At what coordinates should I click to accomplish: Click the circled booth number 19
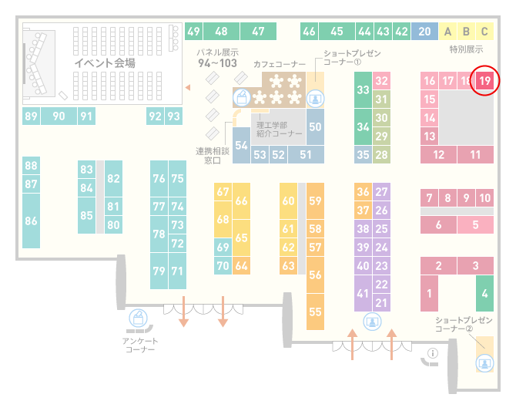484,81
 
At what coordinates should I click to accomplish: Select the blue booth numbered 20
424,32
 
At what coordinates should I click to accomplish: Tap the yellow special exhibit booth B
466,32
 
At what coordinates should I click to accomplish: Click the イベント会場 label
105,62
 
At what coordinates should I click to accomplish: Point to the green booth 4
484,293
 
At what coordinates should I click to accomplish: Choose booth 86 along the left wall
31,221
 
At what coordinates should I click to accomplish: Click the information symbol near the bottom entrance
432,353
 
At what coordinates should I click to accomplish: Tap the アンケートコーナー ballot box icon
138,318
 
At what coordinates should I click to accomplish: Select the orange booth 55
315,312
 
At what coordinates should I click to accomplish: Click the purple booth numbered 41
363,293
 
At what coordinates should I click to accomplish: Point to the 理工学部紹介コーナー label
279,129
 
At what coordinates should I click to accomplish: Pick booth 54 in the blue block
241,145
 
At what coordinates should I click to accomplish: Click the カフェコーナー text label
280,64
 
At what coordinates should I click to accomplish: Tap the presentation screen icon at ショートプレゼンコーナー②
484,364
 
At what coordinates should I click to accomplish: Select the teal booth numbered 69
223,247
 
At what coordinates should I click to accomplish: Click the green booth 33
363,89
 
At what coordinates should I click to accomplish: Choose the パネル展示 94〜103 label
217,58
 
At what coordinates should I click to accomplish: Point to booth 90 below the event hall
59,116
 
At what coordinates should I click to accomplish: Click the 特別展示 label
466,49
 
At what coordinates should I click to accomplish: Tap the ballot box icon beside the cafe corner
242,98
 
